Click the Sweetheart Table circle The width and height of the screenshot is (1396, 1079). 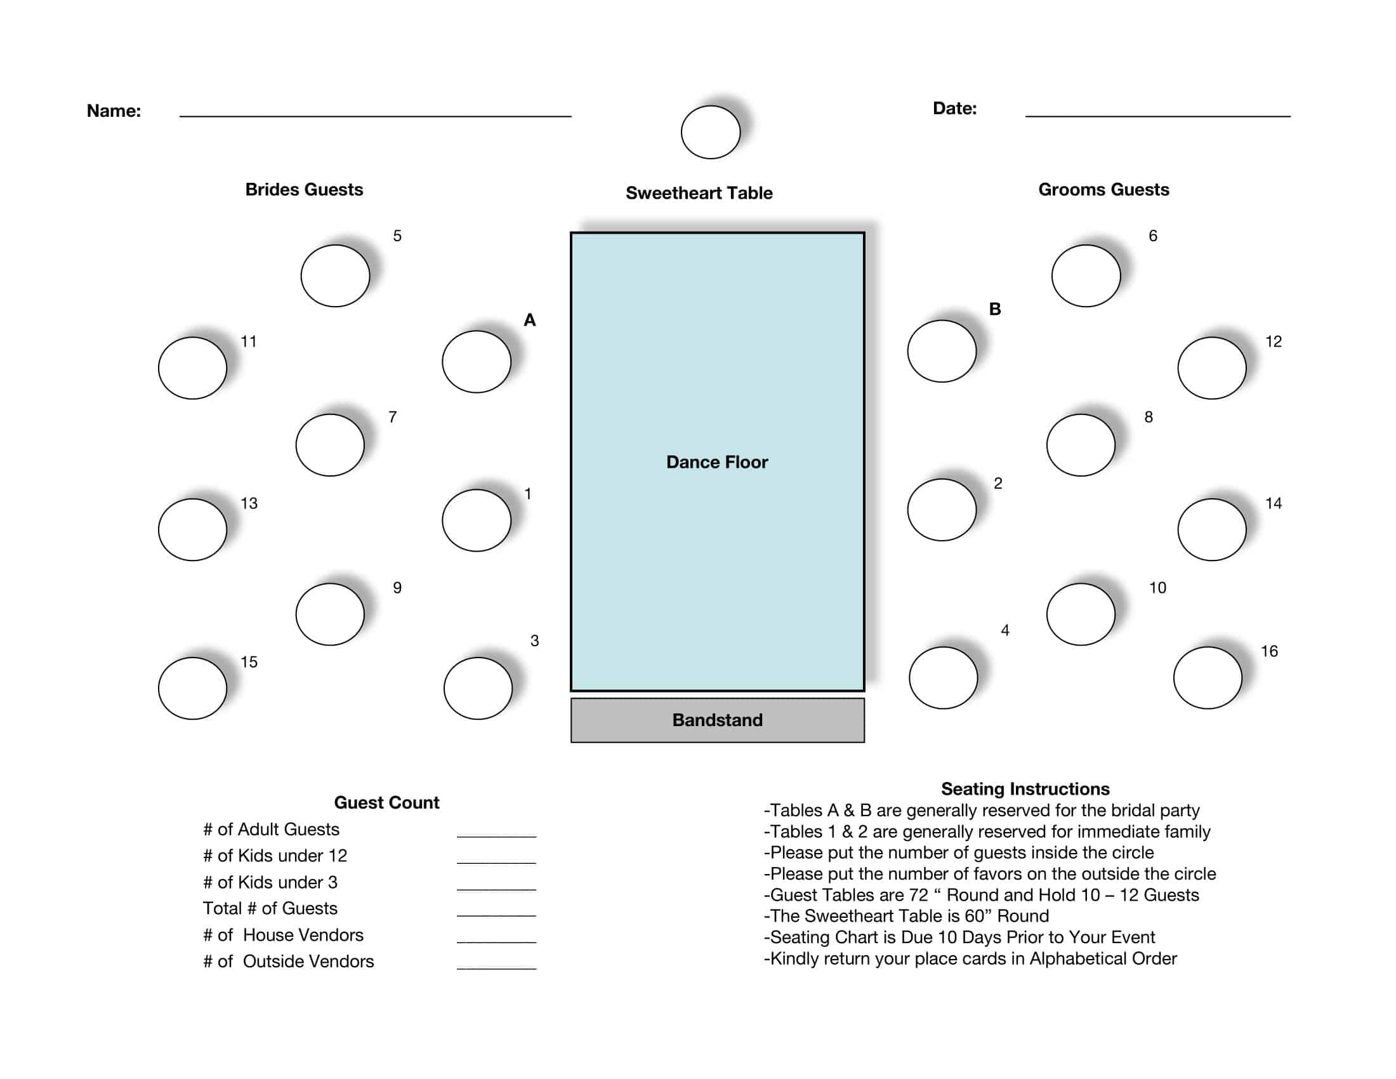[x=710, y=132]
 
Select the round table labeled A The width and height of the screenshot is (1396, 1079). [x=476, y=362]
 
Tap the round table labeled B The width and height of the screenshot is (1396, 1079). [x=942, y=351]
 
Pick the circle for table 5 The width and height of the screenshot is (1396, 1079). [x=335, y=275]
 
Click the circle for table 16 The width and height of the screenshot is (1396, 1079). [x=1208, y=678]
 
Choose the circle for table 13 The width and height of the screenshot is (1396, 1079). [x=192, y=529]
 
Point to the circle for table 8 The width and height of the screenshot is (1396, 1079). [x=1080, y=445]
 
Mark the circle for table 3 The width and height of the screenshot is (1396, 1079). [x=477, y=689]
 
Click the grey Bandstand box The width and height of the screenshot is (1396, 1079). [x=717, y=720]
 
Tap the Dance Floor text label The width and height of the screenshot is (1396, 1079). [x=716, y=462]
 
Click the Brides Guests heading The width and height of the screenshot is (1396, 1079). [x=303, y=190]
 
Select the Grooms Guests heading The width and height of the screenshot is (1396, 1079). [x=1103, y=190]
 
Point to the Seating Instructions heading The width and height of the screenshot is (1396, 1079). [x=1025, y=789]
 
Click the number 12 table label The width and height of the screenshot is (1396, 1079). [x=1274, y=341]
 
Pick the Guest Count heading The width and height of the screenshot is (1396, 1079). [x=386, y=803]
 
